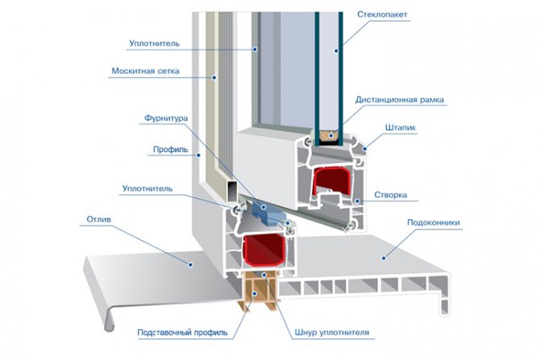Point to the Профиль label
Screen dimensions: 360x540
click(x=170, y=150)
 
